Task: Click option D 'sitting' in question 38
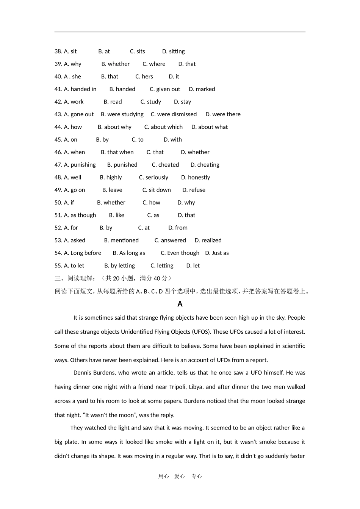[x=174, y=52]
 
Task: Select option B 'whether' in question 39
[x=116, y=64]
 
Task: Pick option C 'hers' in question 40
[x=144, y=77]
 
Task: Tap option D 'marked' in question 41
[x=202, y=89]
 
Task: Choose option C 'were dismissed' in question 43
[x=174, y=114]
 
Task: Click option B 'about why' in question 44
[x=114, y=127]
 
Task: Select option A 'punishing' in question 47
[x=75, y=165]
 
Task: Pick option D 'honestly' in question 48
[x=196, y=178]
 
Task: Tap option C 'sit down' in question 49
[x=157, y=190]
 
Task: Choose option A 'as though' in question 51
[x=75, y=215]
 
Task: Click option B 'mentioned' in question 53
[x=121, y=240]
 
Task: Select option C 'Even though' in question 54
[x=180, y=253]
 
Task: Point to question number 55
[x=58, y=266]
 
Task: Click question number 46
[x=58, y=152]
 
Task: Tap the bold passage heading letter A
[x=180, y=304]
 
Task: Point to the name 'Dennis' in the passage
[x=82, y=373]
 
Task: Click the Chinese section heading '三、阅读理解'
[x=75, y=278]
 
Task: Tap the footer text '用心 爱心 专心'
[x=180, y=476]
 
